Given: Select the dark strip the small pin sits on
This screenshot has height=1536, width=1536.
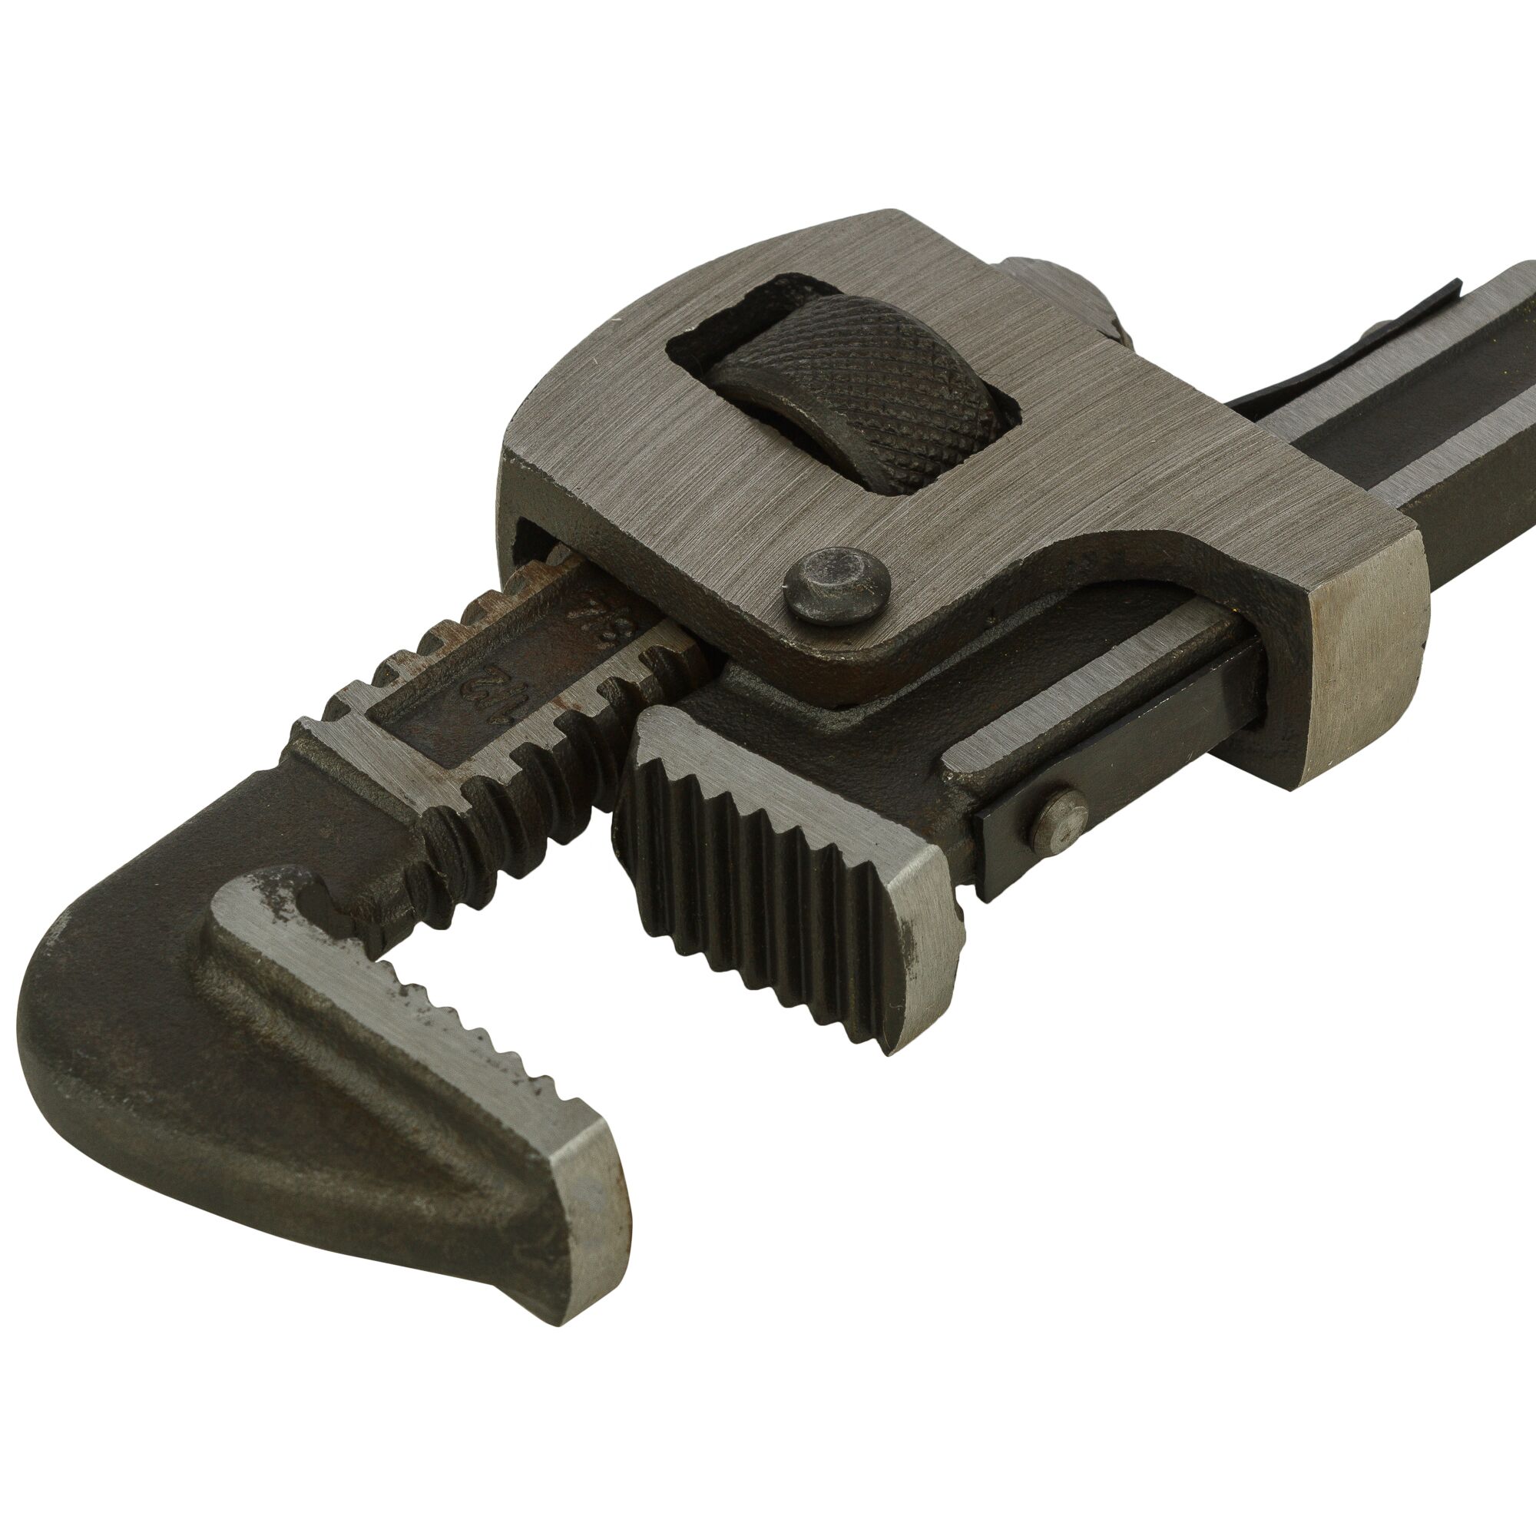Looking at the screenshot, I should tap(1129, 803).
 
